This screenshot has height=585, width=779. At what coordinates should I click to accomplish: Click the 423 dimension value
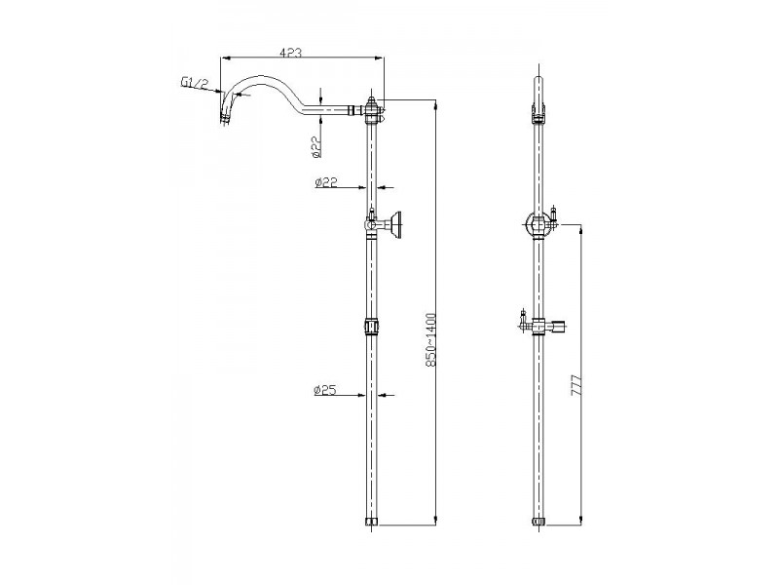[290, 53]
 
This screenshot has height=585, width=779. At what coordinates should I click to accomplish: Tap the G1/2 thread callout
[193, 83]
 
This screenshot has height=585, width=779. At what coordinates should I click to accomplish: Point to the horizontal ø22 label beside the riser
[326, 182]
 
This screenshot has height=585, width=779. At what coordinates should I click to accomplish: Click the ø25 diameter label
[325, 390]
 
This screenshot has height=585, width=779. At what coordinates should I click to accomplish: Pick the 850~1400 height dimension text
[430, 340]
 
